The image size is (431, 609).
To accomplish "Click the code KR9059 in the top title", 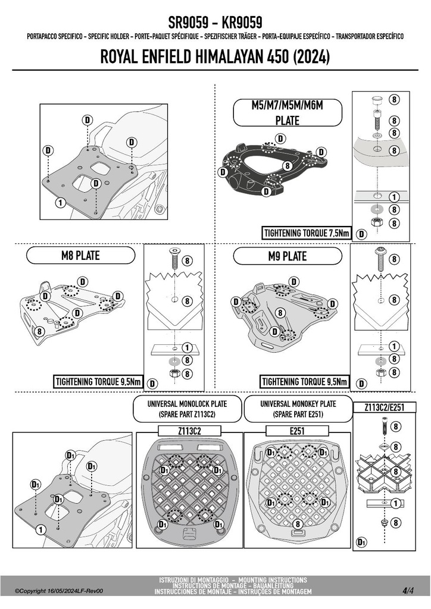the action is [x=242, y=22].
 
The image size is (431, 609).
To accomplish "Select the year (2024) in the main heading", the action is [x=311, y=56].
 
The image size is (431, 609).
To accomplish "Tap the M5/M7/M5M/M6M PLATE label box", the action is [x=287, y=112].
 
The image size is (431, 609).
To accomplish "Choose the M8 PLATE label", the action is [x=81, y=256].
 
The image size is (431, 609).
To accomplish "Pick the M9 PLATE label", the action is [x=288, y=256].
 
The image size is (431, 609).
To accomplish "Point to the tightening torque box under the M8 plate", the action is [x=98, y=381].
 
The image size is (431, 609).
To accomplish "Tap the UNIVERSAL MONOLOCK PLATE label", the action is [x=187, y=409].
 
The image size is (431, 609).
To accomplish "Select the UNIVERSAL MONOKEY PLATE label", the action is [x=298, y=409].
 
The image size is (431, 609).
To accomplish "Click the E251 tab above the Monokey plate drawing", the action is [x=297, y=431].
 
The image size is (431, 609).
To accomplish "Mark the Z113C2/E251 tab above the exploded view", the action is [x=384, y=407].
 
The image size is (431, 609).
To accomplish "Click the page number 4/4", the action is [x=408, y=591].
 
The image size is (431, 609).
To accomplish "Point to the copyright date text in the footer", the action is [x=59, y=591].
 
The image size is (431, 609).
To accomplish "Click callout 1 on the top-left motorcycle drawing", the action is [x=60, y=202].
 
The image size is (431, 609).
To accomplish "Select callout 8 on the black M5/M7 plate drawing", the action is [x=288, y=166].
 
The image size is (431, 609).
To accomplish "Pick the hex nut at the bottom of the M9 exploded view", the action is [x=380, y=373].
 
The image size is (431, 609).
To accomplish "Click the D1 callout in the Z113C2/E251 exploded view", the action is [x=361, y=542].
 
